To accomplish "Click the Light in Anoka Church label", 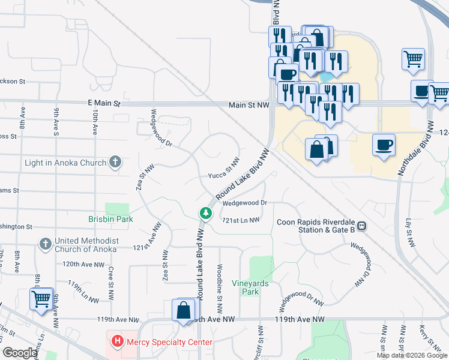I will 65,163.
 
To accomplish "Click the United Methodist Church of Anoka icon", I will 44,244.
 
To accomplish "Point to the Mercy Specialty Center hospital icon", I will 118,342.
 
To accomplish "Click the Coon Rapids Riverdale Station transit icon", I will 362,226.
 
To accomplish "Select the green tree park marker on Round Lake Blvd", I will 205,213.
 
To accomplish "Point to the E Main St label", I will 104,103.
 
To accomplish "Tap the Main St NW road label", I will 249,105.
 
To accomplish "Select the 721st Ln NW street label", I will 241,220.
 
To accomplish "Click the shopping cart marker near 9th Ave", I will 41,299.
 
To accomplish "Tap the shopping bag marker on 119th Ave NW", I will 184,311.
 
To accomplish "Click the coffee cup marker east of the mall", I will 384,145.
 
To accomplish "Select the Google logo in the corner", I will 20,352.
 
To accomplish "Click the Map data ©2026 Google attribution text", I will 411,355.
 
